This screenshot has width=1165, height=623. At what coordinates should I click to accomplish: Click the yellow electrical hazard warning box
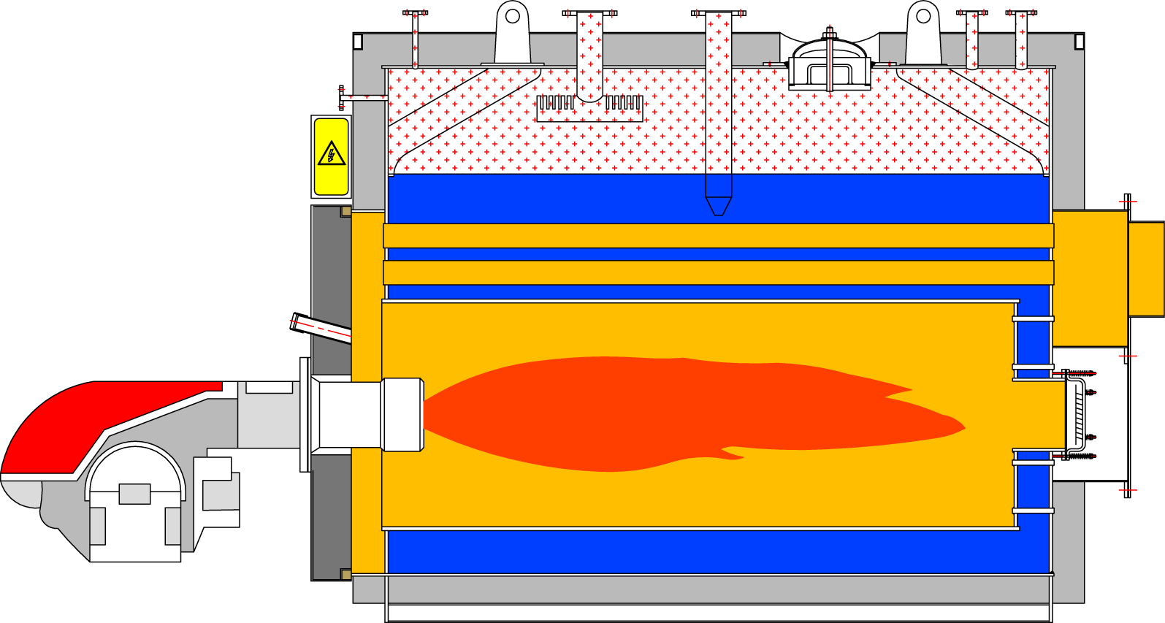[331, 156]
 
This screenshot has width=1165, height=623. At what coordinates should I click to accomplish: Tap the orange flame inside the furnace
[657, 413]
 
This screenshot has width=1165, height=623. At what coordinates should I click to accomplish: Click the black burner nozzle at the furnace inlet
[401, 414]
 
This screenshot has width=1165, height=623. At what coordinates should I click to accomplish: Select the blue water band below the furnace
[716, 552]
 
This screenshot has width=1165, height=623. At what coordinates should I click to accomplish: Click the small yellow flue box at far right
[1145, 269]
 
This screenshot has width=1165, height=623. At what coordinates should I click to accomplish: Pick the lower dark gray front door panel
[331, 517]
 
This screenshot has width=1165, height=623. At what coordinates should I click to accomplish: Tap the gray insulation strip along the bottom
[716, 589]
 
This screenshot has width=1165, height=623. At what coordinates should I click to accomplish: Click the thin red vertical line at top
[830, 58]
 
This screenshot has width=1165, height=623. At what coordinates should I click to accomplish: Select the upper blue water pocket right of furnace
[1032, 343]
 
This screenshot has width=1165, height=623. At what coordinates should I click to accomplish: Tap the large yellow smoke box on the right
[1089, 278]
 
